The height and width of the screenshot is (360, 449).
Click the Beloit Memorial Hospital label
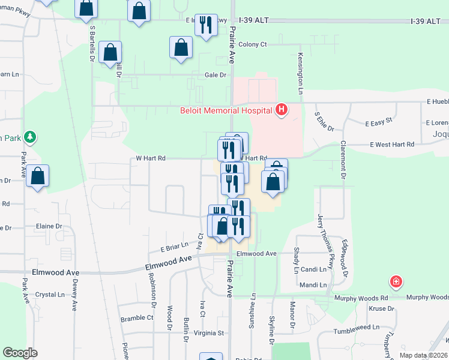click(x=226, y=110)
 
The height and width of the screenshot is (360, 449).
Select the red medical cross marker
click(x=396, y=281)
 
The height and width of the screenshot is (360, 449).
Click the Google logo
click(x=20, y=352)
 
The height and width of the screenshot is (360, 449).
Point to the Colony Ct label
click(x=252, y=44)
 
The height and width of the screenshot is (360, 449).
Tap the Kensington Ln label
click(x=300, y=72)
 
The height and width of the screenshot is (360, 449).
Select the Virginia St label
click(x=208, y=332)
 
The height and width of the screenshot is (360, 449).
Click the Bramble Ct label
click(x=137, y=318)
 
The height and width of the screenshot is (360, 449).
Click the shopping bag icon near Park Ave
click(x=37, y=176)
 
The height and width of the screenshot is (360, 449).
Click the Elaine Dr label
click(x=49, y=226)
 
